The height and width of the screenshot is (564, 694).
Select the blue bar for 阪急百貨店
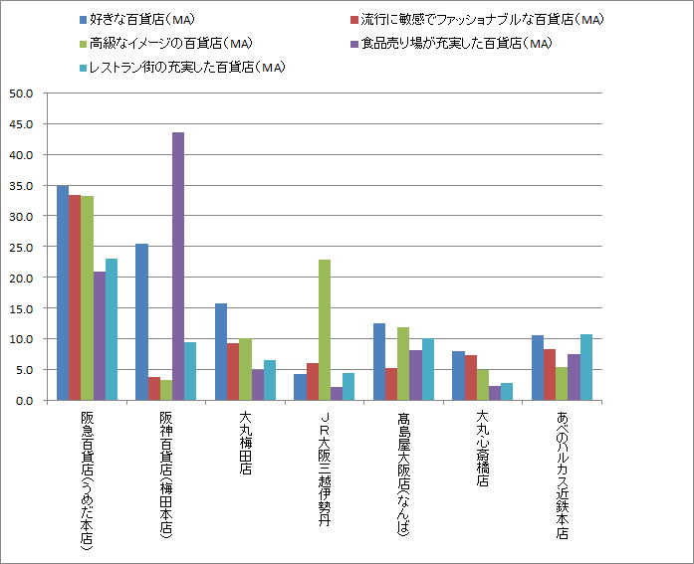[63, 292]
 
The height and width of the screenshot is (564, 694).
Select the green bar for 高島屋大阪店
[403, 363]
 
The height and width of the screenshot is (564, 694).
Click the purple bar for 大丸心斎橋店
[495, 393]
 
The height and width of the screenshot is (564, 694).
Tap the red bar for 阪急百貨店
[75, 297]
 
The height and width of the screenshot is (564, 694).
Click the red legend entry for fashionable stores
[477, 20]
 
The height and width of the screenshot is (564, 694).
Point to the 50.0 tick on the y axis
[21, 94]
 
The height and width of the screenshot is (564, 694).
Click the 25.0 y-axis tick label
[21, 247]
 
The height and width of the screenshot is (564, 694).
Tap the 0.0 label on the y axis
[24, 400]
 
